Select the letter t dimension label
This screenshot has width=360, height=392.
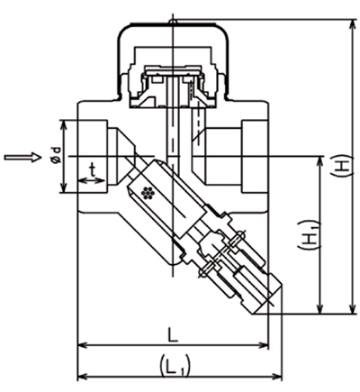[92, 169]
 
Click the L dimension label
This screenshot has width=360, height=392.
[173, 333]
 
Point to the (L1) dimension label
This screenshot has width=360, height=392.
[173, 365]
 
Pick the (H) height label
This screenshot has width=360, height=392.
[341, 166]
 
